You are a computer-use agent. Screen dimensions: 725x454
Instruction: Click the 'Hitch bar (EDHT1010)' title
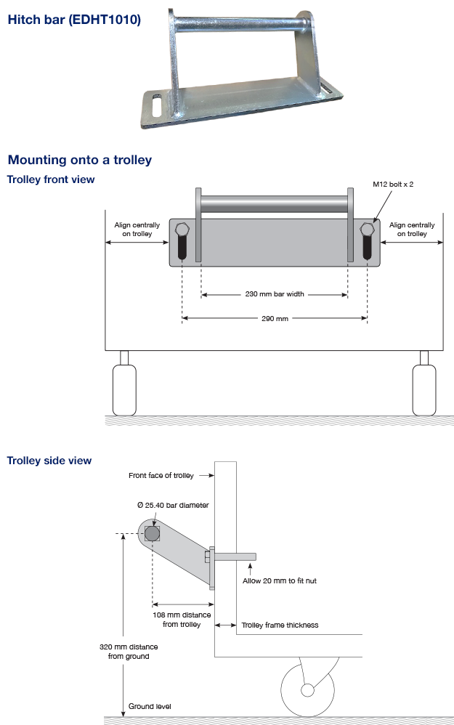[73, 20]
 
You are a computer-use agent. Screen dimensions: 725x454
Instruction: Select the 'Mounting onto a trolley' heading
[79, 160]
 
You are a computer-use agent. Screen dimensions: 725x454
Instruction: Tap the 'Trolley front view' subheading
[51, 179]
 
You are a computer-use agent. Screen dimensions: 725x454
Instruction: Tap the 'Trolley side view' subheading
[49, 460]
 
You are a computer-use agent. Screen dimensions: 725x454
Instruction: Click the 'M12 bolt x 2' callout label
[393, 185]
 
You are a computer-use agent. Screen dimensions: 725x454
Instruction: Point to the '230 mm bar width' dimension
[274, 294]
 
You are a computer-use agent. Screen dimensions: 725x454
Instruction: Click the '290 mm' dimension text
[274, 318]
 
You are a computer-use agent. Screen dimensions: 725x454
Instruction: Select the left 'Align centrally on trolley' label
[137, 230]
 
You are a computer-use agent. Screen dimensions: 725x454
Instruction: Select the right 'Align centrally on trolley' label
[412, 230]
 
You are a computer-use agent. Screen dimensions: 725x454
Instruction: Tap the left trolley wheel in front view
[124, 389]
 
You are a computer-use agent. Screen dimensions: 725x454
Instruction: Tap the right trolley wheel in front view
[424, 389]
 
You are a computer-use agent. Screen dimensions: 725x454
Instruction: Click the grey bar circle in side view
[152, 534]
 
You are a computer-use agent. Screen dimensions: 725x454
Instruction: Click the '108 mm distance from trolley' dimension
[182, 620]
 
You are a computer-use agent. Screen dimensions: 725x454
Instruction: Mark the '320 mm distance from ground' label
[129, 652]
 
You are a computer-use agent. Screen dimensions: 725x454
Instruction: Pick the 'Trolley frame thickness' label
[280, 625]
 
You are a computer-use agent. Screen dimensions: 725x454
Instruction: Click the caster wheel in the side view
[307, 689]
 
